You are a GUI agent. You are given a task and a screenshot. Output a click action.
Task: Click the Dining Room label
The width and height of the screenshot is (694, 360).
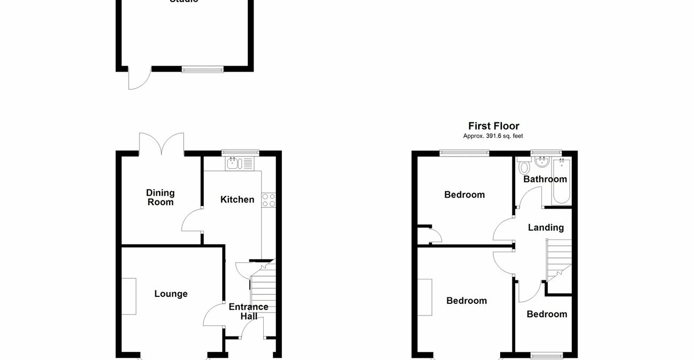click(161, 198)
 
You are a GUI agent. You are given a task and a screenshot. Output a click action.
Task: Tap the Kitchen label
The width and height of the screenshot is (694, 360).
click(238, 200)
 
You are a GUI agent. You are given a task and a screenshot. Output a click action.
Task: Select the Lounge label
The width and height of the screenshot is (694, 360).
click(171, 294)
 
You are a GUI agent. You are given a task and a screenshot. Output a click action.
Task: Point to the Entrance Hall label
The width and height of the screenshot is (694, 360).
click(248, 311)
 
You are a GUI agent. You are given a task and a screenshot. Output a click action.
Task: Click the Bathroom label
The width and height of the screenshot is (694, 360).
click(545, 179)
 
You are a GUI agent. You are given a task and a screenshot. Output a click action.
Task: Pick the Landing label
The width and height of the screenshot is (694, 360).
click(546, 228)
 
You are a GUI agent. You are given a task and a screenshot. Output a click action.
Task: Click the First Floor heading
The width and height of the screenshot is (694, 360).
click(493, 126)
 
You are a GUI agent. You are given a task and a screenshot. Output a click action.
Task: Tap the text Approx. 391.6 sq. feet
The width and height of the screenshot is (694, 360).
click(493, 136)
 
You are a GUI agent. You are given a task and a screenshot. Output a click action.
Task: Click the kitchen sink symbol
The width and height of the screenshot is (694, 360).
click(235, 163)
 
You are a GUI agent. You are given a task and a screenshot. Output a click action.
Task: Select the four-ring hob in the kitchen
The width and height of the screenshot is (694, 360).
click(269, 200)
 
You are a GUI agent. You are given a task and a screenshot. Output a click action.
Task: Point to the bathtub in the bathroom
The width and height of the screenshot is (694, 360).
click(562, 182)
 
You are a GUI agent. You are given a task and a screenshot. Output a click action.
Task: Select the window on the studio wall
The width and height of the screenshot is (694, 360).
click(202, 69)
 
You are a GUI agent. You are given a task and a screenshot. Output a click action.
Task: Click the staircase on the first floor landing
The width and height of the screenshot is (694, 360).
click(558, 261)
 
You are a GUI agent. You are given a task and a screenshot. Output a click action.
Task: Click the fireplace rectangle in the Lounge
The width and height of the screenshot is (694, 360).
click(129, 296)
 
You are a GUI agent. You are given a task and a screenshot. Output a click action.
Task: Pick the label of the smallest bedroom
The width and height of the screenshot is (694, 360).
click(547, 314)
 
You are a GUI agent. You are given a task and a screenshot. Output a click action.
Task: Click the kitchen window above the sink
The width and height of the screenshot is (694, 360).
click(240, 153)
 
